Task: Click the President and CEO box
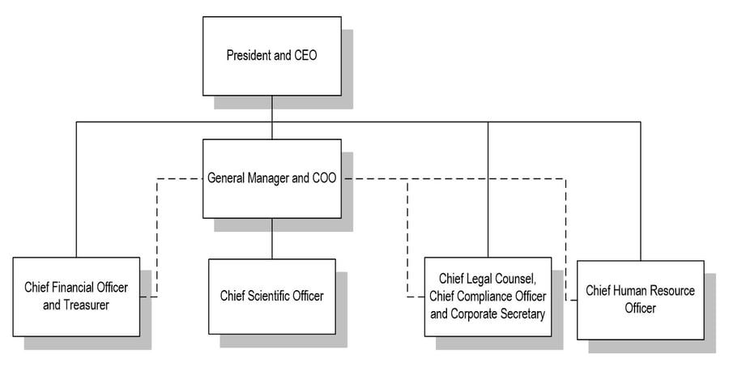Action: (272, 56)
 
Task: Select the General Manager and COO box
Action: (272, 178)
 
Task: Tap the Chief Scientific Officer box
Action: (272, 297)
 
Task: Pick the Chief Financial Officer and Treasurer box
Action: (76, 297)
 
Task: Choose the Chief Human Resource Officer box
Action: (640, 300)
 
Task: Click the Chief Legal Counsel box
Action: (488, 297)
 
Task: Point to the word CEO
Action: (305, 55)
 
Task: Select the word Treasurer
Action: (86, 305)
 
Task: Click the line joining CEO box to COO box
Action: (272, 117)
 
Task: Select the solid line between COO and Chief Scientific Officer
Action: (272, 239)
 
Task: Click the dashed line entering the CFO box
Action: (157, 237)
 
